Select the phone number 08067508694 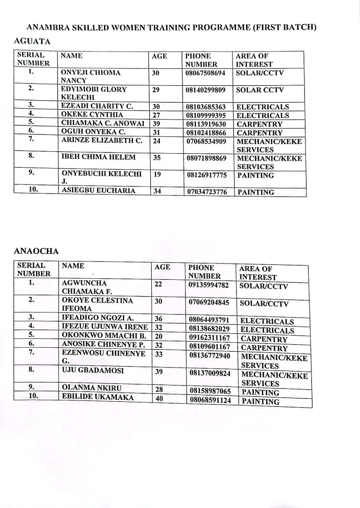pos(205,73)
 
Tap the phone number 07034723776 pos(207,192)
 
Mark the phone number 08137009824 pos(210,373)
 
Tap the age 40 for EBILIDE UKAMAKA pos(160,398)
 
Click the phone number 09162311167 pos(210,338)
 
